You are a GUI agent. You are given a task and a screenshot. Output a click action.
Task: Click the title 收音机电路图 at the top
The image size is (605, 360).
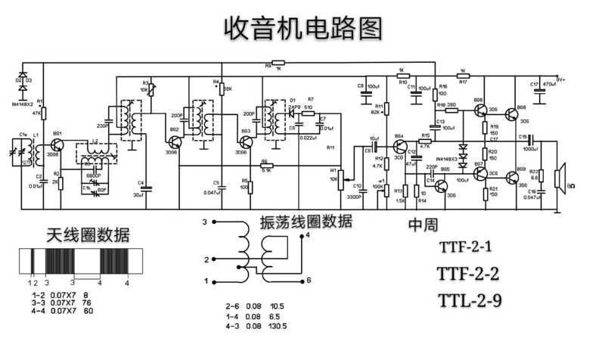302,28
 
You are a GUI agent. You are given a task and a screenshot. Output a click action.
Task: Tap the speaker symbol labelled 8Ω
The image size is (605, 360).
560,178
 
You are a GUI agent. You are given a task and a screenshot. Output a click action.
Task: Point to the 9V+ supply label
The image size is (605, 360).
560,78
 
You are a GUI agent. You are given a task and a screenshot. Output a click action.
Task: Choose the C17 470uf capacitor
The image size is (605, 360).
539,94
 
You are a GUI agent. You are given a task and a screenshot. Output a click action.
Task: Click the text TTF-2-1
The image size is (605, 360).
465,247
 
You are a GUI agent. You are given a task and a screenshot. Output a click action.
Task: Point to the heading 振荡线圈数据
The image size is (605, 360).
306,222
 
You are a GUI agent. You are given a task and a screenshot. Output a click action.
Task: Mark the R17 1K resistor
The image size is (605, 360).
463,75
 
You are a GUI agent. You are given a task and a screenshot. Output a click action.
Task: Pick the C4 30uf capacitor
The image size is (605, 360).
147,188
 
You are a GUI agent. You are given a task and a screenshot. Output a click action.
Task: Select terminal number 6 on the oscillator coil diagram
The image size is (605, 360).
309,280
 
